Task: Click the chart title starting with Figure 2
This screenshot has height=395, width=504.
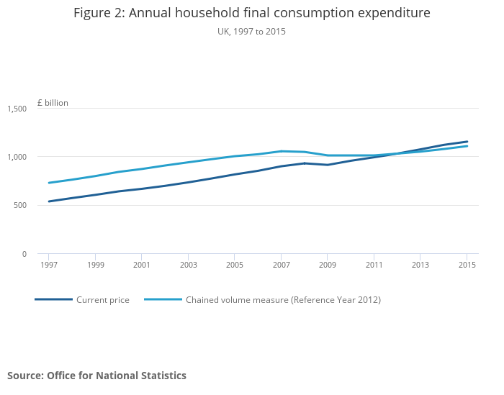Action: click(x=251, y=13)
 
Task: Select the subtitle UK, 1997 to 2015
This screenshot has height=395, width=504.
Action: click(x=251, y=32)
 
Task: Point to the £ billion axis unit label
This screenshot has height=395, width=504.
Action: click(x=53, y=103)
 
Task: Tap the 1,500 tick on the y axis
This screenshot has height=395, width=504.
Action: click(x=17, y=109)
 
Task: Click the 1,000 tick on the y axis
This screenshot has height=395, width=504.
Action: click(x=17, y=157)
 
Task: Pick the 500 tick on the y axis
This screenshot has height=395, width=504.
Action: click(x=20, y=205)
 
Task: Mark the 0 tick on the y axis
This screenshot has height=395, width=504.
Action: click(x=24, y=254)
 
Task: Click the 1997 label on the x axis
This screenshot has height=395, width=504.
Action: click(x=49, y=265)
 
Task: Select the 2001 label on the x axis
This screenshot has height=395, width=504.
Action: click(x=142, y=265)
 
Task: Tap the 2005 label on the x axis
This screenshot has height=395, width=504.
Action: click(x=235, y=265)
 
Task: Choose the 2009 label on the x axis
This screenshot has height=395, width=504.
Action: click(x=328, y=265)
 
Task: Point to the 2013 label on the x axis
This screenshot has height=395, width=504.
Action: click(x=420, y=265)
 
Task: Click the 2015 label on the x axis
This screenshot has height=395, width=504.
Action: click(x=467, y=265)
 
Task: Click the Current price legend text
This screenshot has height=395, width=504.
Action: click(x=103, y=300)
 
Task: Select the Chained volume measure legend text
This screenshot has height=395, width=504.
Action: click(x=283, y=300)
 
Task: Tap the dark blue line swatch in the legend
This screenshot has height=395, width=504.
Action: click(x=53, y=299)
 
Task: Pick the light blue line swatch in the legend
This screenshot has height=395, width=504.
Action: click(x=163, y=299)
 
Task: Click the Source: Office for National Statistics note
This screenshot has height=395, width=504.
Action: click(x=96, y=376)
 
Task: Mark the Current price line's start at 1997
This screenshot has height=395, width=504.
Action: click(x=49, y=201)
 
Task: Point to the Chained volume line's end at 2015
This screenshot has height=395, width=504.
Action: click(x=467, y=146)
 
